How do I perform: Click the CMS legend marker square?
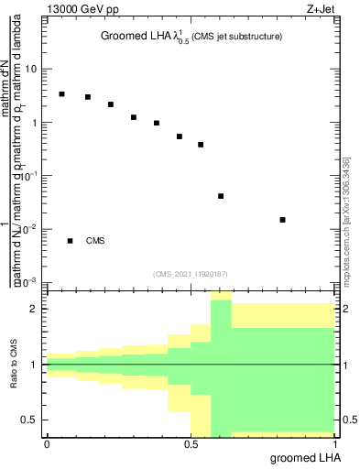pyautogui.click(x=70, y=241)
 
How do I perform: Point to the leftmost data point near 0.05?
pyautogui.click(x=61, y=94)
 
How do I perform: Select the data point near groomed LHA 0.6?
pyautogui.click(x=221, y=196)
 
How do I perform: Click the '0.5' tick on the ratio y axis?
pyautogui.click(x=30, y=420)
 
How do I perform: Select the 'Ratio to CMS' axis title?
pyautogui.click(x=12, y=365)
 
